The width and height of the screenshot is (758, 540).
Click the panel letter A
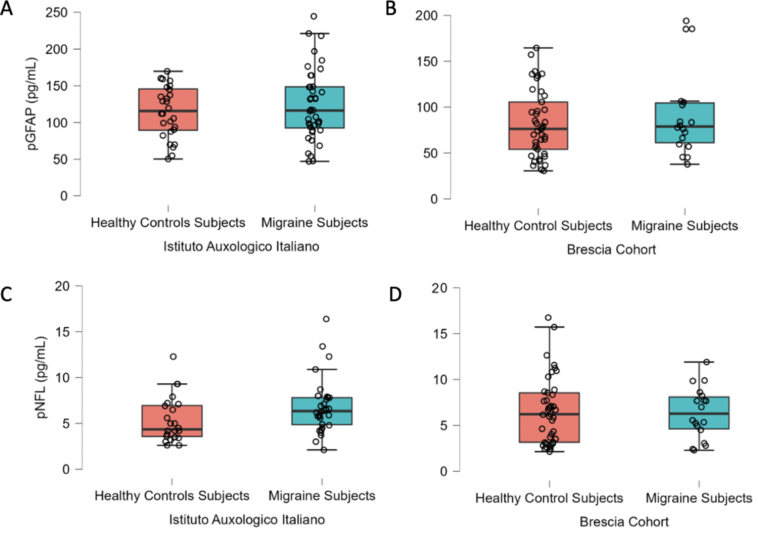point(6,8)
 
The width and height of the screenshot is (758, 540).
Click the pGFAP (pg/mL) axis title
point(33,104)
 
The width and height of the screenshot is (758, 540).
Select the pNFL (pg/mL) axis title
point(42,377)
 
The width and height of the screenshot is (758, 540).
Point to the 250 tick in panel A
point(56,13)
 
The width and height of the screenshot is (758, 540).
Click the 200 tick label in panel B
point(426,16)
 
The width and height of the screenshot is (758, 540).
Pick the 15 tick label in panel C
point(62,332)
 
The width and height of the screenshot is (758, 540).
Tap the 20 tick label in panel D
point(439,288)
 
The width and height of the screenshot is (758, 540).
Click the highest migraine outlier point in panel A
point(314,16)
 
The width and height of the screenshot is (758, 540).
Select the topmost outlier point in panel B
point(686,21)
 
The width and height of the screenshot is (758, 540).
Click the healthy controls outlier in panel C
point(173,357)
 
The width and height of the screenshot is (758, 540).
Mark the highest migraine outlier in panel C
point(326,319)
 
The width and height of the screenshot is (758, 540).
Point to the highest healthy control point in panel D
point(548,318)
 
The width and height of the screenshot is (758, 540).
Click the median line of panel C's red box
point(172,429)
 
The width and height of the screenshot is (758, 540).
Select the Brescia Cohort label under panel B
point(611,249)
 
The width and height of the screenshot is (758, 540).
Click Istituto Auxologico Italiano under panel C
point(247,520)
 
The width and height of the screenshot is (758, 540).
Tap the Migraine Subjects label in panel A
point(314,223)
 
